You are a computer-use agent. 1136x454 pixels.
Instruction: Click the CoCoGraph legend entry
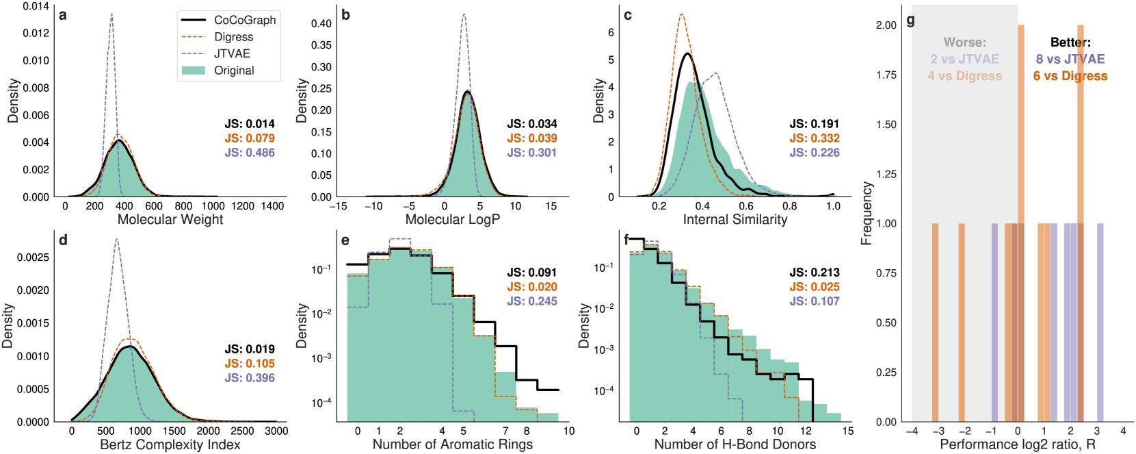click(x=244, y=20)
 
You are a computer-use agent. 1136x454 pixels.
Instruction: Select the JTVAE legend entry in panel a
click(x=232, y=53)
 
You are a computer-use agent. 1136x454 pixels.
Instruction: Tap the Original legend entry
click(x=233, y=71)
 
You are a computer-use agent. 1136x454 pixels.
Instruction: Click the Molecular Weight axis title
click(x=170, y=219)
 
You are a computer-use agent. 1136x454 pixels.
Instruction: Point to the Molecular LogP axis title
click(x=452, y=219)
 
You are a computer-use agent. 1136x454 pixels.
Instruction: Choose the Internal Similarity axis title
click(x=735, y=219)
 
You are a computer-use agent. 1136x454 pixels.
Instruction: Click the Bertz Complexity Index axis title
click(x=170, y=444)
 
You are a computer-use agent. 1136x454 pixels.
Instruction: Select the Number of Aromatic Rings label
click(x=452, y=444)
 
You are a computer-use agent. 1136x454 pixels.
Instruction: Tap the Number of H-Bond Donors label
click(x=735, y=444)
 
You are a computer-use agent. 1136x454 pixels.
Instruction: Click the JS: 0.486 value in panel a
click(x=250, y=153)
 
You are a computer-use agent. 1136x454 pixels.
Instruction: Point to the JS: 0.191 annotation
click(x=814, y=124)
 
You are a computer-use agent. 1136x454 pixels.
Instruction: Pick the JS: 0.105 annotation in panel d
click(x=250, y=364)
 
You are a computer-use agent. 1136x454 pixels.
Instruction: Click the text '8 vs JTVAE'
click(x=1070, y=60)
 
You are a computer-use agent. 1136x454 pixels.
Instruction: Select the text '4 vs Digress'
click(x=964, y=76)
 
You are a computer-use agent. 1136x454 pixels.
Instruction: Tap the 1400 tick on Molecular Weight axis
click(x=272, y=206)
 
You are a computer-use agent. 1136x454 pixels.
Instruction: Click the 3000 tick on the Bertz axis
click(x=276, y=431)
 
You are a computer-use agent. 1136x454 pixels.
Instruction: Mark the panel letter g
click(x=911, y=21)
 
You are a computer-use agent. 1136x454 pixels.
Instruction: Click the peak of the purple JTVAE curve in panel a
click(x=111, y=14)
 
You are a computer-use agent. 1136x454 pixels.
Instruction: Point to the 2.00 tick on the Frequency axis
click(x=886, y=25)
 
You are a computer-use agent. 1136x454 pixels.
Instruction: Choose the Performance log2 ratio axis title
click(x=1017, y=444)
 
